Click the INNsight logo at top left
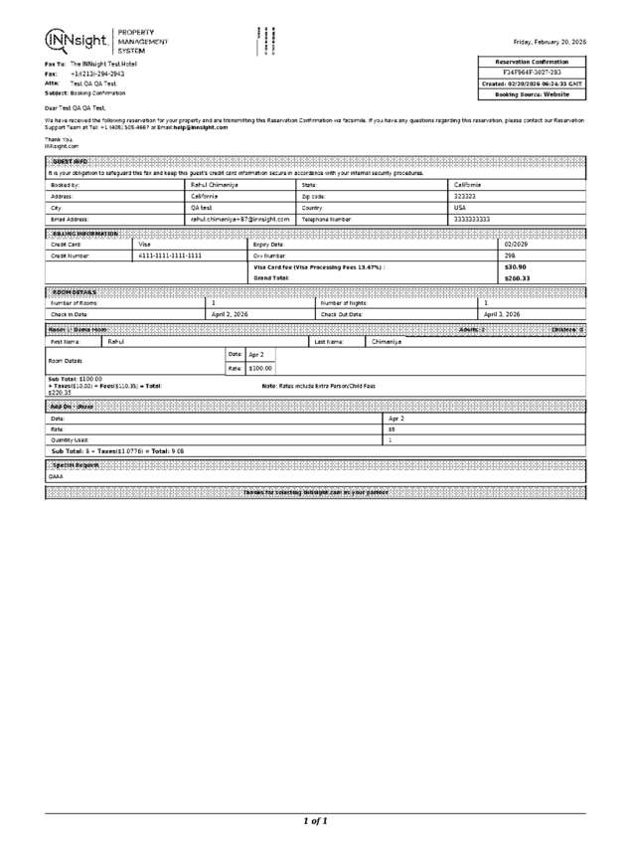(x=78, y=42)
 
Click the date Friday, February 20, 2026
(x=549, y=43)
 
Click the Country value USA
(x=460, y=207)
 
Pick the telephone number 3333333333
(x=472, y=218)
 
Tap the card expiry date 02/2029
(x=517, y=244)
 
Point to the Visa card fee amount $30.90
(x=515, y=266)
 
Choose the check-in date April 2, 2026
(x=230, y=313)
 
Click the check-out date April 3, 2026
(x=502, y=313)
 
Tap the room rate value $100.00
(x=260, y=368)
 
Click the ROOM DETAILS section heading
(x=73, y=291)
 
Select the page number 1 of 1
(x=315, y=821)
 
